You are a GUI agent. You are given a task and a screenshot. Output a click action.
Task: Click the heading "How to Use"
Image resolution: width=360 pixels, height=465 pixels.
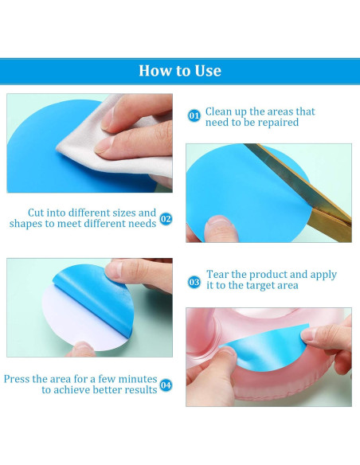coord(180,71)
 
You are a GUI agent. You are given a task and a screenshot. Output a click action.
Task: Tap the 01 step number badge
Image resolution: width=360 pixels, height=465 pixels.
coord(194,115)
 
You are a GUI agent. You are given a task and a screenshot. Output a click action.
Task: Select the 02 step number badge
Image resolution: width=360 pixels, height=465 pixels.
coord(166,219)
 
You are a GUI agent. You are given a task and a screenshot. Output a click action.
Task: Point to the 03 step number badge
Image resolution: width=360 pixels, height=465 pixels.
coord(194,282)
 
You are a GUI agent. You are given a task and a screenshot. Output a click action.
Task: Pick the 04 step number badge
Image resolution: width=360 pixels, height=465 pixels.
coord(166,385)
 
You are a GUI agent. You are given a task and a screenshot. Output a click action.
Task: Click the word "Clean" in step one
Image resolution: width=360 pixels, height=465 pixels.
coord(219,111)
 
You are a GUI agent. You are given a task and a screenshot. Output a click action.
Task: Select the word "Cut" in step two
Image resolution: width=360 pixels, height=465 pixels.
coord(36,213)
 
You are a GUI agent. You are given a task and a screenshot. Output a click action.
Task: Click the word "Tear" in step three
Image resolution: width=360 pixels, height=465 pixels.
coord(217,275)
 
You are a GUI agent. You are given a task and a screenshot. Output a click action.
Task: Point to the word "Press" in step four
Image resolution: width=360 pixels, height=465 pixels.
coord(17,379)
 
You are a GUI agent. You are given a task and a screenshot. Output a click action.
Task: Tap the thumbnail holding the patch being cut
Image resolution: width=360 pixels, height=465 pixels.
coord(219,221)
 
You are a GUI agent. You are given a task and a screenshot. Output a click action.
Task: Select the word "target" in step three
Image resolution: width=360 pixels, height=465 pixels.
coord(261,286)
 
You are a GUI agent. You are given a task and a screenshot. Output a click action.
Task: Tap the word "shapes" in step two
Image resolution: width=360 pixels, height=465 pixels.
coord(25,224)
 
